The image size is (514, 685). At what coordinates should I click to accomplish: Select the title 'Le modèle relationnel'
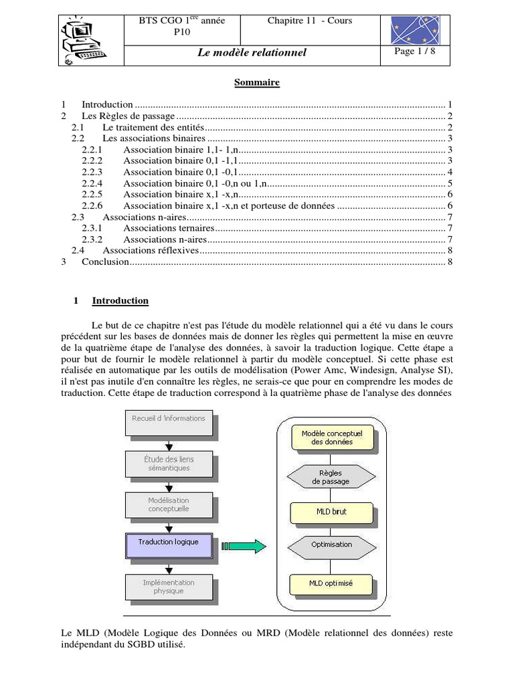tap(252, 52)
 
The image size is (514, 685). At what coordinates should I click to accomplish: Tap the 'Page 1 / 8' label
tap(416, 52)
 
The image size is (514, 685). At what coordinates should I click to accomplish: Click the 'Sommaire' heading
tap(256, 83)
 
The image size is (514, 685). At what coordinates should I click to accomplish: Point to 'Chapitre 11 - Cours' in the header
tap(309, 21)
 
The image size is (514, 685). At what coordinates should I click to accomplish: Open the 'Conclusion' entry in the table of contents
tap(104, 262)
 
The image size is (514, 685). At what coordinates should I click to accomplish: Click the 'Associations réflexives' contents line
tap(151, 250)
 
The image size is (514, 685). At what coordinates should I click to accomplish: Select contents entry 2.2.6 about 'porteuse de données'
tap(228, 205)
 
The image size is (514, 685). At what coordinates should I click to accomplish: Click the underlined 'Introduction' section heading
tap(120, 301)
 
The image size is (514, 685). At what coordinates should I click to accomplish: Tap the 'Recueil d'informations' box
tap(169, 422)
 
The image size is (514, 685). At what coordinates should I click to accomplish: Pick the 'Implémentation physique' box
tap(169, 587)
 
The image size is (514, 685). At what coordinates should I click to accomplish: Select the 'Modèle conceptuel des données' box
tap(331, 437)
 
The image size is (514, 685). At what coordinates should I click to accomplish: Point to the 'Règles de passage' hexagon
tap(331, 476)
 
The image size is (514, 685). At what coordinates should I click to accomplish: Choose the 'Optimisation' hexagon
tap(331, 545)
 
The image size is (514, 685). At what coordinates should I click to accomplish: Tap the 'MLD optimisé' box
tap(331, 584)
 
